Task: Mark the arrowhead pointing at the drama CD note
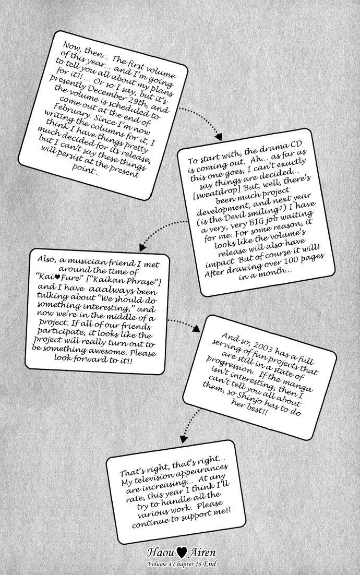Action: pyautogui.click(x=219, y=138)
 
